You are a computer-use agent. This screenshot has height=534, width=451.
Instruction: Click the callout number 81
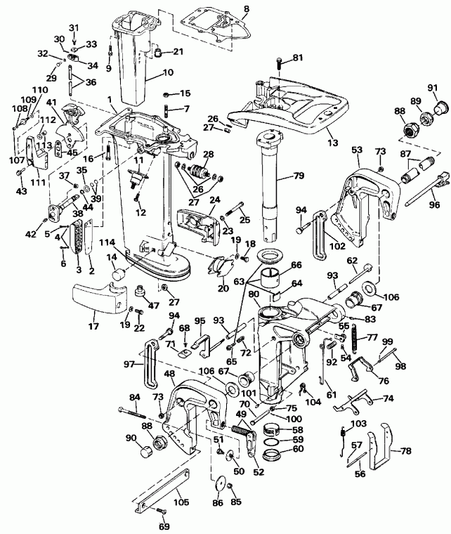pyautogui.click(x=298, y=57)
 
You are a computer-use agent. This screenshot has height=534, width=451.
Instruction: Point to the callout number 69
pyautogui.click(x=164, y=526)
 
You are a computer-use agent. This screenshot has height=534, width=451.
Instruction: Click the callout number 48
pyautogui.click(x=169, y=375)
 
